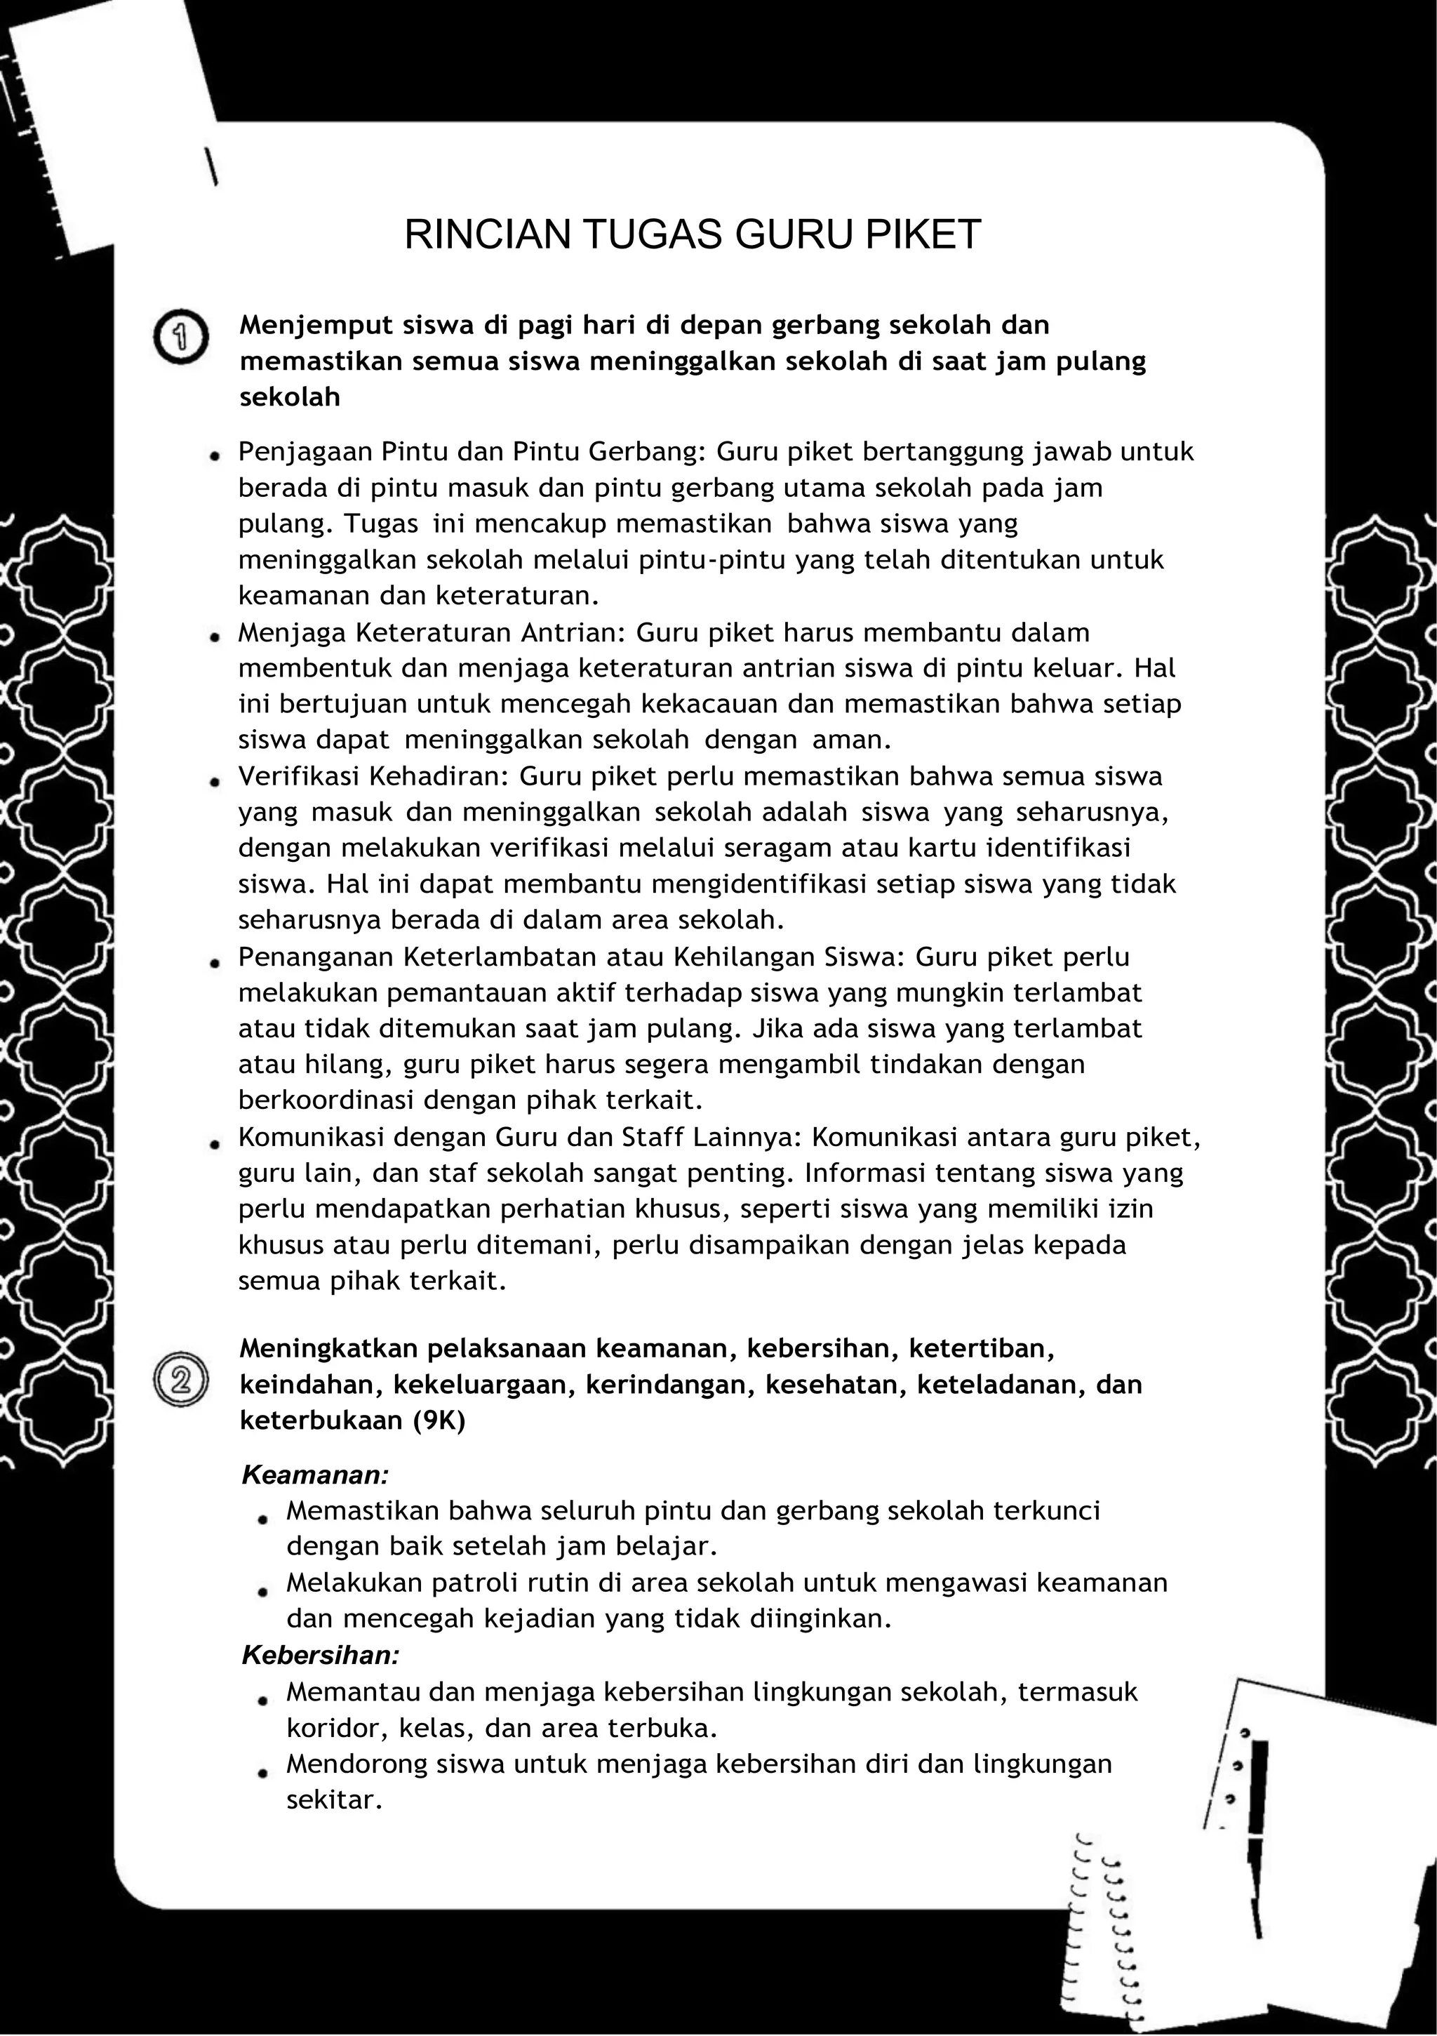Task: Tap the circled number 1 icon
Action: click(x=181, y=337)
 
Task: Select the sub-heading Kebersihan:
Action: click(x=321, y=1655)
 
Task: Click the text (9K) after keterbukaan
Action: click(x=438, y=1420)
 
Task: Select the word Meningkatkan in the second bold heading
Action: click(x=328, y=1349)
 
